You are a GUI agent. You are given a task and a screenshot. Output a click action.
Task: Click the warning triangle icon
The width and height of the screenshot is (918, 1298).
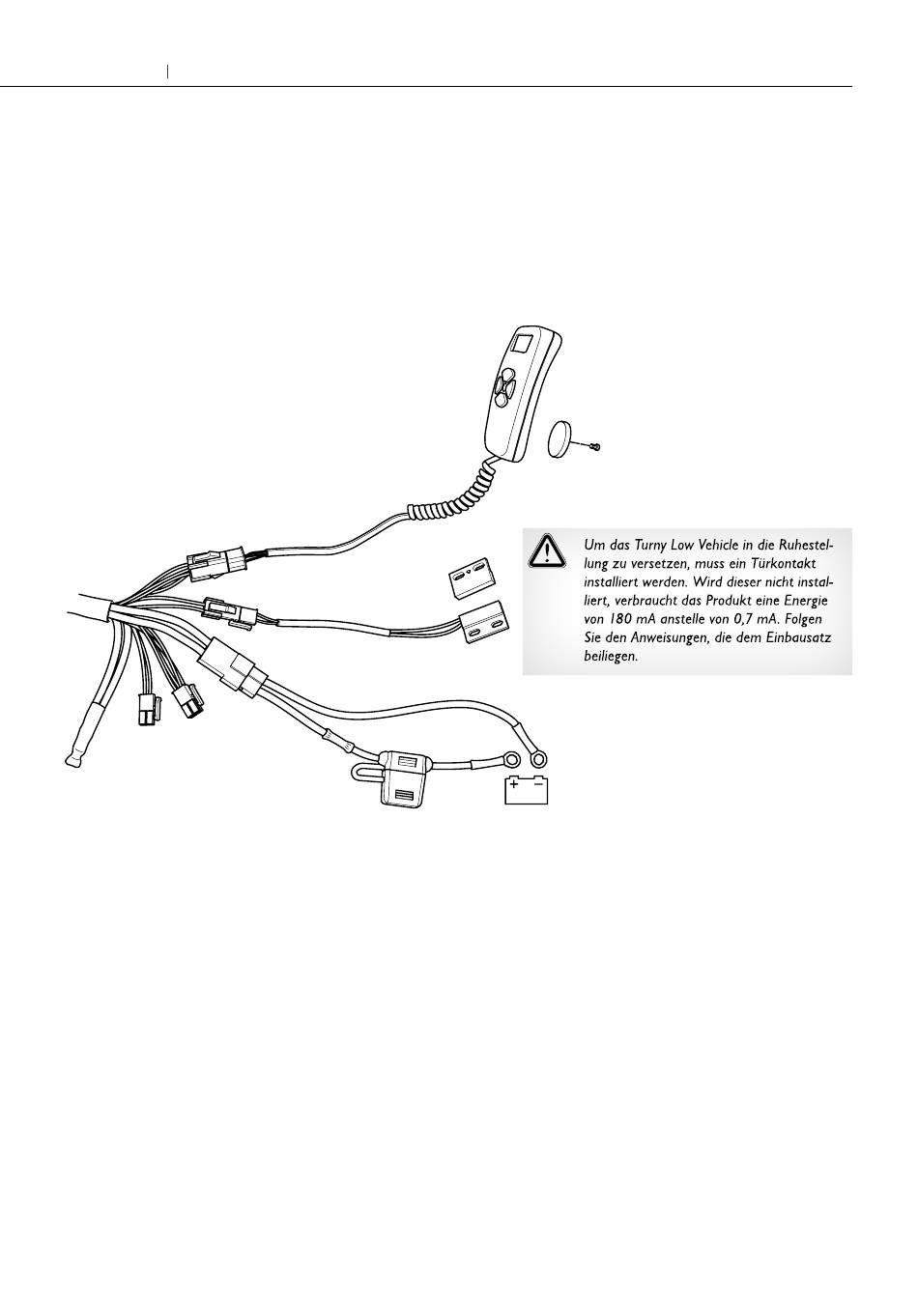(x=546, y=550)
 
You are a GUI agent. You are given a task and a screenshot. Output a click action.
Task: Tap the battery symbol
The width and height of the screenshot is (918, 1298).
(x=526, y=789)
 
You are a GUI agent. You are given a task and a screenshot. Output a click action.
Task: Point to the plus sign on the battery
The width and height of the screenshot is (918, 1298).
(x=514, y=784)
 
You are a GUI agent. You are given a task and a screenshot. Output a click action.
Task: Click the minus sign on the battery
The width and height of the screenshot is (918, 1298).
(x=538, y=784)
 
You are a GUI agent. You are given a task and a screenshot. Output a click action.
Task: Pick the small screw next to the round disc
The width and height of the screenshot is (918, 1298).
(x=596, y=446)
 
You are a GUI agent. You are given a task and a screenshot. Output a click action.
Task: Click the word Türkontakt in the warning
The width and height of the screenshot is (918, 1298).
(x=782, y=564)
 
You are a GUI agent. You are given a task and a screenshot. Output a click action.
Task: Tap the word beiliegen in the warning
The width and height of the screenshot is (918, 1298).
(x=611, y=656)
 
